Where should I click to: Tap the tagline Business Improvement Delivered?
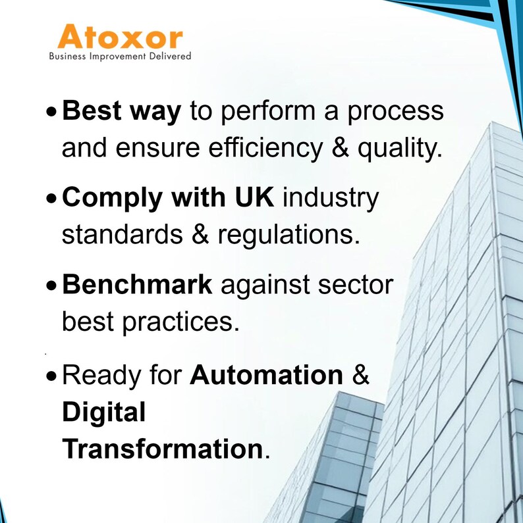coord(120,57)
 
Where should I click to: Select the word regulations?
coord(294,236)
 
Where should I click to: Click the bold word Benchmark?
coord(137,285)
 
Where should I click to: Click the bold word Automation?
coord(266,375)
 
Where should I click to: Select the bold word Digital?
coord(103,413)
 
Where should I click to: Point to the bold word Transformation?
coord(162,449)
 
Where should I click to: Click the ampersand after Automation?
coord(361,375)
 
